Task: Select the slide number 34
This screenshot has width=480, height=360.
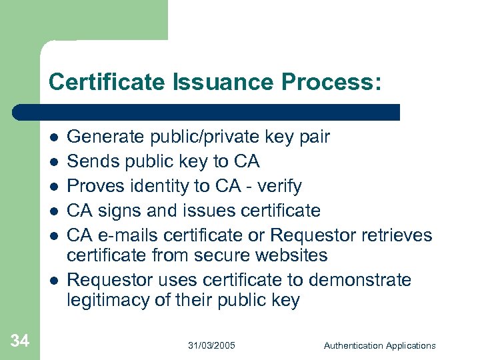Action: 20,342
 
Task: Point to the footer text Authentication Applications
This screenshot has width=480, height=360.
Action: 379,345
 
